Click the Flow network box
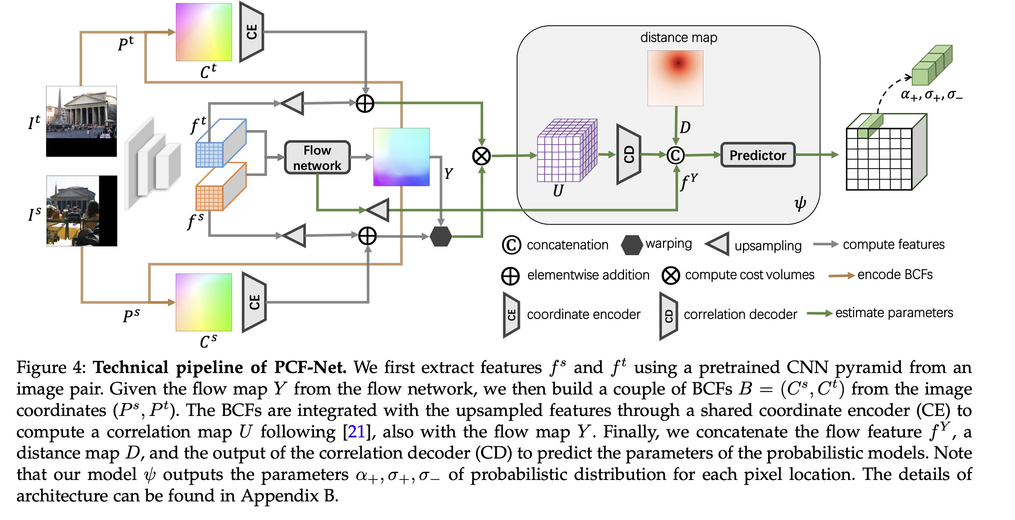[317, 158]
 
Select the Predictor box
[757, 155]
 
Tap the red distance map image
[675, 78]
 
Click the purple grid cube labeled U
[566, 151]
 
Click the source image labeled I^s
[81, 211]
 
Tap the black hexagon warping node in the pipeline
[441, 236]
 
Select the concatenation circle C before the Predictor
[675, 155]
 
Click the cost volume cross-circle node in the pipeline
[481, 156]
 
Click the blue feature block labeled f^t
[221, 143]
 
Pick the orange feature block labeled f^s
[221, 187]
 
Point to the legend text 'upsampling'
[768, 246]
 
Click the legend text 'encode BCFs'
[895, 274]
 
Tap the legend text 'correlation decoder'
[740, 314]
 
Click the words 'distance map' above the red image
[678, 38]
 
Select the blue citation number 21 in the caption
[356, 432]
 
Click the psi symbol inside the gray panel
[799, 203]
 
